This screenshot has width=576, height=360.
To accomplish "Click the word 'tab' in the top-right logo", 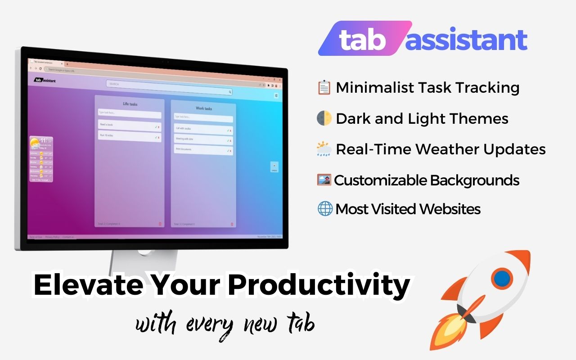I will click(x=362, y=40).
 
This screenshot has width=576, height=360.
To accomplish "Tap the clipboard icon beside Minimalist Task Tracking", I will click(x=324, y=88).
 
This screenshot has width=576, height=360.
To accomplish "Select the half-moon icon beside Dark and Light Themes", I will click(x=324, y=118).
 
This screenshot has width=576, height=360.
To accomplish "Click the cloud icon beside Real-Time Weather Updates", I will click(x=324, y=149).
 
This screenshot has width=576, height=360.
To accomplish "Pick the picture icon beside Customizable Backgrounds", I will click(x=324, y=180).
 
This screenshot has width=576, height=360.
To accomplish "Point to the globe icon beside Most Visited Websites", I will click(x=325, y=209).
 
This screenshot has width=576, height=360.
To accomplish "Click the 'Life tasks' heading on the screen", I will click(x=130, y=104).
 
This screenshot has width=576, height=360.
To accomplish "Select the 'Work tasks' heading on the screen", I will click(x=204, y=108).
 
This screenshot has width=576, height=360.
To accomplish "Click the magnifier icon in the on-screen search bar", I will click(x=230, y=92).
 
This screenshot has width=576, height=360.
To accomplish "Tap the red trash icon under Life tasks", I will click(x=160, y=224).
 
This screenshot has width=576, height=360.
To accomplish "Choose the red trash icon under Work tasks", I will click(x=232, y=224).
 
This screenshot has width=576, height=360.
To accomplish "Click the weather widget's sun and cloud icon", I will click(x=34, y=144).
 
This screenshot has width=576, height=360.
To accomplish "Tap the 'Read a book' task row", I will click(x=129, y=125).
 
